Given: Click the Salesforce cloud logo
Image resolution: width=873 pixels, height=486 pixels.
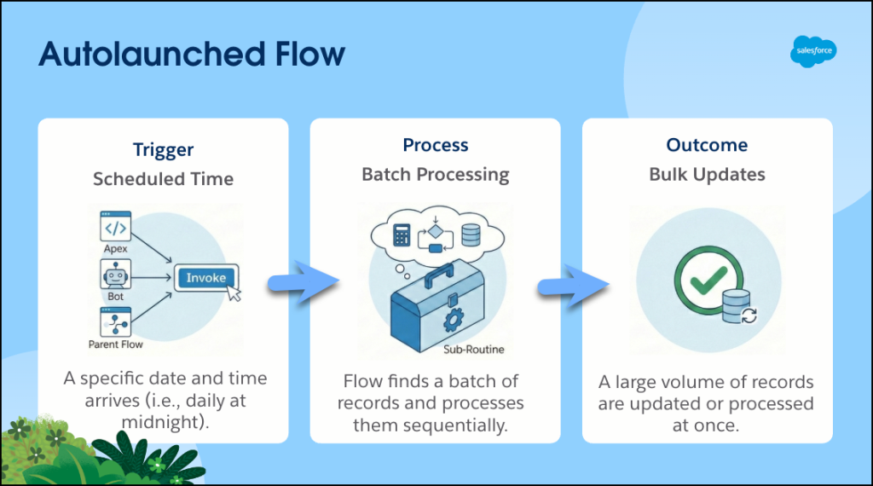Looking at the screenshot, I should [x=812, y=51].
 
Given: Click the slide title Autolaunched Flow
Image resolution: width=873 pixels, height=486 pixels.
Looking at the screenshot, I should [x=192, y=55].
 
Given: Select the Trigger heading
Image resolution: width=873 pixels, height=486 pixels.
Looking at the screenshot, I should [x=163, y=150].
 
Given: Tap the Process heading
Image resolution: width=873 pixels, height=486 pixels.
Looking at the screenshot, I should [x=435, y=146].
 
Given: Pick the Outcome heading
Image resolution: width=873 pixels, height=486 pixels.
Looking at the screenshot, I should [x=707, y=146].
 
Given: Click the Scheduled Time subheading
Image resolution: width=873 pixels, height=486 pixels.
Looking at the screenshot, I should [x=163, y=179].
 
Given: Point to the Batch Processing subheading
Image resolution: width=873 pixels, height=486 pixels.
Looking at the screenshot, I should [x=435, y=175].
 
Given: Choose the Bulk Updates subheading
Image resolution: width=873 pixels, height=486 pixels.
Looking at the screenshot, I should [x=707, y=175].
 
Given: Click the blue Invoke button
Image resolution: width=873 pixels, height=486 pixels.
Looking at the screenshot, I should [x=206, y=278].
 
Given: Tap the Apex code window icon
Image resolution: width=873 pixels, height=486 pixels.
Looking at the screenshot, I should [x=116, y=229].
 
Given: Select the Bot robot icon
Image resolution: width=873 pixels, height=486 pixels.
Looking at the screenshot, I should [x=116, y=275].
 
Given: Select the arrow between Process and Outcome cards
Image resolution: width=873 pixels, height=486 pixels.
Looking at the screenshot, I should [x=570, y=284].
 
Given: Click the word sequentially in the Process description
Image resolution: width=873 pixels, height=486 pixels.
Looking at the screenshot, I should [x=460, y=424].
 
